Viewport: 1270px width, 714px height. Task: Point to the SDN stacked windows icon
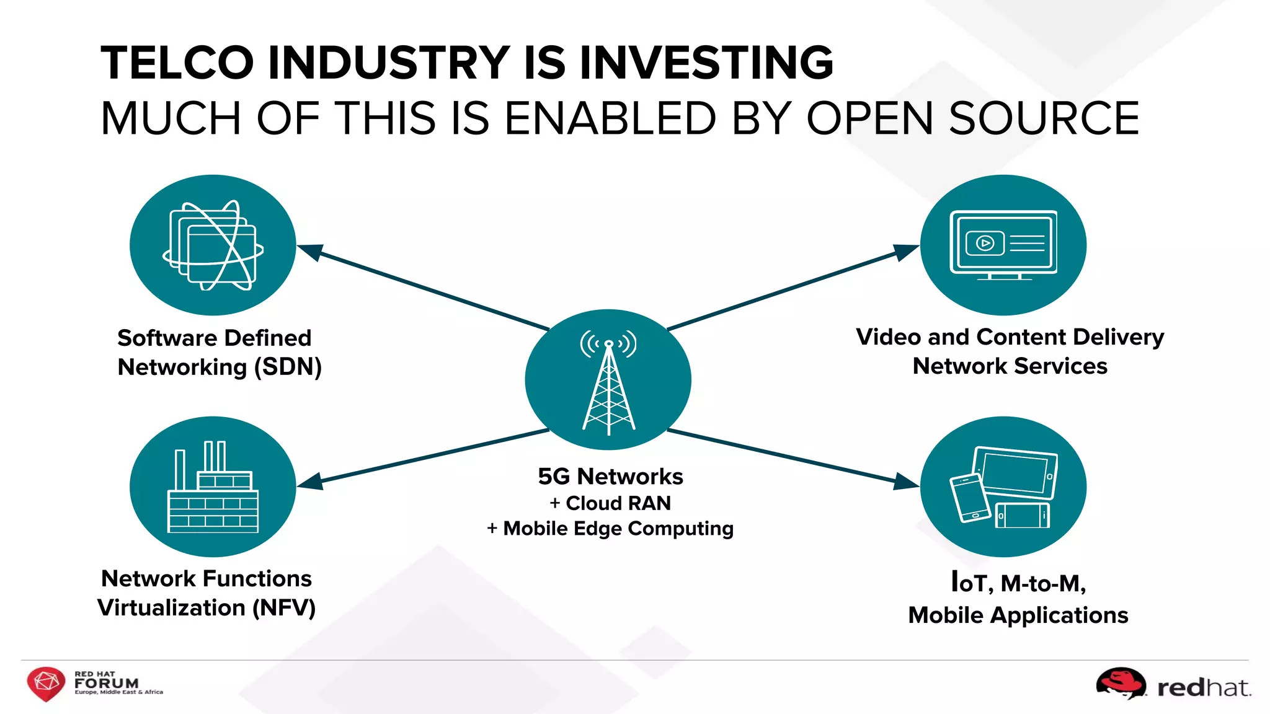click(x=213, y=245)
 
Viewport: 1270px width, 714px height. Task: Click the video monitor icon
click(x=1003, y=244)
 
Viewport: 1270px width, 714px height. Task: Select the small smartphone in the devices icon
click(x=969, y=498)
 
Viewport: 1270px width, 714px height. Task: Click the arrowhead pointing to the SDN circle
click(x=309, y=250)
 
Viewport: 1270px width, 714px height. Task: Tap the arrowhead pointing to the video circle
click(x=906, y=250)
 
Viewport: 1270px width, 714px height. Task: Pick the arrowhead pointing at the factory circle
click(x=309, y=482)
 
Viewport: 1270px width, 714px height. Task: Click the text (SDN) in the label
click(x=288, y=367)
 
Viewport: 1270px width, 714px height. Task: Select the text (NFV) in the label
click(x=283, y=607)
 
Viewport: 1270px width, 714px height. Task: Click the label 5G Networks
click(x=610, y=476)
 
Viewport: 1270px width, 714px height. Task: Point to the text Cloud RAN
click(x=618, y=503)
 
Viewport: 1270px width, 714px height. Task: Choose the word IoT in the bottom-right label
click(x=969, y=583)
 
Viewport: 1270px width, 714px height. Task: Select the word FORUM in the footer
click(x=106, y=683)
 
